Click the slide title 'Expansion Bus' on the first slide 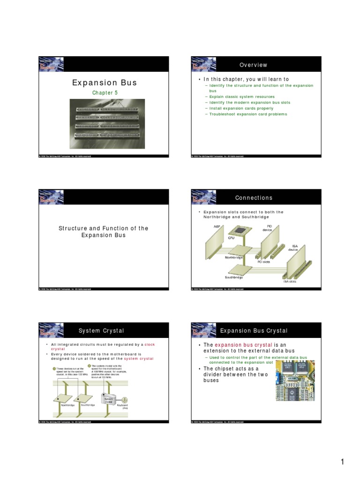pyautogui.click(x=104, y=83)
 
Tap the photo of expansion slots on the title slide pyautogui.click(x=106, y=122)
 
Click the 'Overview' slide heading pyautogui.click(x=253, y=65)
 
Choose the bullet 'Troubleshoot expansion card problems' pyautogui.click(x=248, y=114)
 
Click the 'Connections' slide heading pyautogui.click(x=254, y=198)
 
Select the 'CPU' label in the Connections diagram pyautogui.click(x=231, y=238)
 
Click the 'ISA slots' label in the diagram pyautogui.click(x=289, y=281)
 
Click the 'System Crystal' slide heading pyautogui.click(x=101, y=331)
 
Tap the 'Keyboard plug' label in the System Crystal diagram pyautogui.click(x=124, y=406)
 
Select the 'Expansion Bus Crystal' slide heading pyautogui.click(x=254, y=331)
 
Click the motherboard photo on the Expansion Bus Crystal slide pyautogui.click(x=294, y=380)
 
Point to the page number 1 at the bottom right pyautogui.click(x=343, y=462)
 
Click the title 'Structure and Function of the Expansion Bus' pyautogui.click(x=103, y=232)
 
